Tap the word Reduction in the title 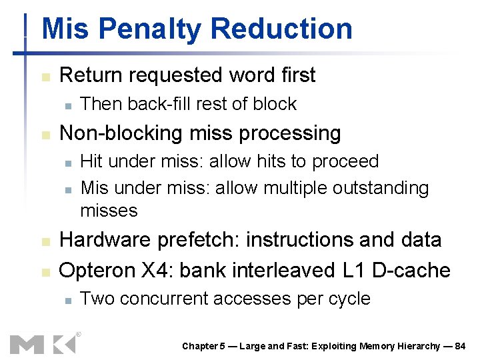[281, 29]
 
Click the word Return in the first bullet [92, 75]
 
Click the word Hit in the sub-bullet [92, 161]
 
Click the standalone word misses [109, 211]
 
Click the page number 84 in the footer [459, 346]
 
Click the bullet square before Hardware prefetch [45, 241]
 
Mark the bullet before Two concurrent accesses [67, 299]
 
